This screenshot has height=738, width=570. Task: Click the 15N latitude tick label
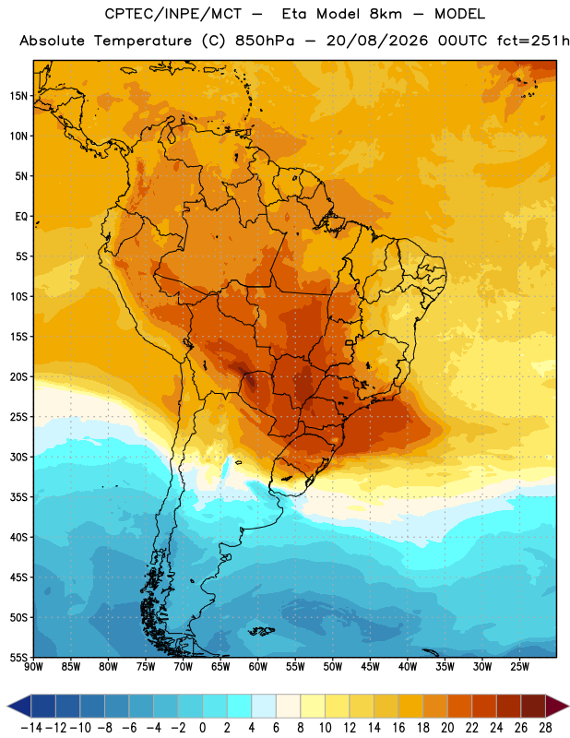18,96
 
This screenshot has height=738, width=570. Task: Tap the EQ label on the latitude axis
21,217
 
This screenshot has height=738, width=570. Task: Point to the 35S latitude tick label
18,497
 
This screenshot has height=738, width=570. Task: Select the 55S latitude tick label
18,658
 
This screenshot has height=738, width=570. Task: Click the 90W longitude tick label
34,667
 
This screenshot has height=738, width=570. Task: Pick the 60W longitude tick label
258,667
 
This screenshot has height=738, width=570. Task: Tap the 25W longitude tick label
519,667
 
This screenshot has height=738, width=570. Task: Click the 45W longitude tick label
370,667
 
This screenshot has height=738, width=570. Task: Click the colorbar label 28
545,728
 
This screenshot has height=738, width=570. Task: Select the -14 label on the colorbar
31,728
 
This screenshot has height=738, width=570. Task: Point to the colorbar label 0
202,728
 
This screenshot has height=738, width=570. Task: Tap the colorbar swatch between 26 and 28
533,706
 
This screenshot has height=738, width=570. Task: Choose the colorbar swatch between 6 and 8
289,706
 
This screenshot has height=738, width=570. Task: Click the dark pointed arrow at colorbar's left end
18,706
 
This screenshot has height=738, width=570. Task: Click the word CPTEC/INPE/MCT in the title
173,14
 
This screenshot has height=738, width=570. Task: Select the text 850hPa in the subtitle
265,41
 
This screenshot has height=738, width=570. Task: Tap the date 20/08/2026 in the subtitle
377,41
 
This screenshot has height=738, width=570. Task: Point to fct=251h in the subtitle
533,41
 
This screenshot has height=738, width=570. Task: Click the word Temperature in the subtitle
143,41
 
